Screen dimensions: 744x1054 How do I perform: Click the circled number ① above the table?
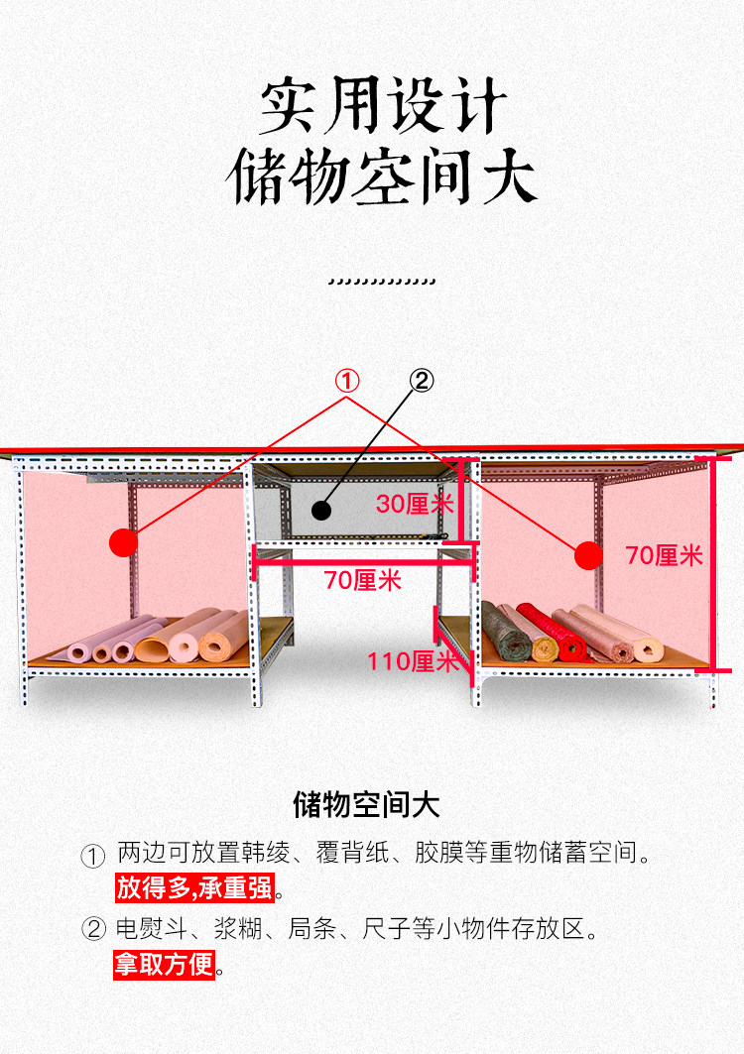346,381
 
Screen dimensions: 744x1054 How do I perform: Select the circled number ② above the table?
422,381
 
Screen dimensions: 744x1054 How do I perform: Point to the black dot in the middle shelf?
320,511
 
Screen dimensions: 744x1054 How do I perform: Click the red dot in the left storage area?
123,541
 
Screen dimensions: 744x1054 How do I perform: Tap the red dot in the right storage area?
589,556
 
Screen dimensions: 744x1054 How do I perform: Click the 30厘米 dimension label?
414,504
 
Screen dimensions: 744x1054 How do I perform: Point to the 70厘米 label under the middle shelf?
362,580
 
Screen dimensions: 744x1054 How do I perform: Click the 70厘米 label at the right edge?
664,555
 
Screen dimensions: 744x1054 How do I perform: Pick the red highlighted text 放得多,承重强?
194,887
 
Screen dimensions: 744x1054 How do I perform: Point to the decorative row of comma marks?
381,282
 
